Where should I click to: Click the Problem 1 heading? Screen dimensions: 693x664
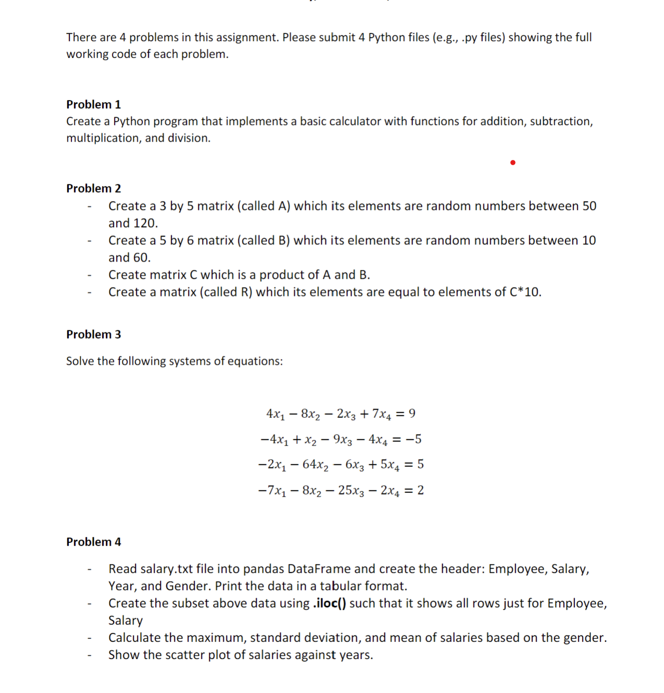[93, 104]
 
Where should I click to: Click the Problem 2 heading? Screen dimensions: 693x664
[93, 188]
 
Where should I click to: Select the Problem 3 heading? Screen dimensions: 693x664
[93, 334]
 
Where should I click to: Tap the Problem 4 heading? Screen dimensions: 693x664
[93, 542]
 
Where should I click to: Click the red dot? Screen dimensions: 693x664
[513, 163]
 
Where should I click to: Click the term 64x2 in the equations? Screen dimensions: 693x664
[315, 464]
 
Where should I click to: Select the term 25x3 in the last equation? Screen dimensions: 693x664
[350, 490]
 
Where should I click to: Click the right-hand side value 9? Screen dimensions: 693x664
[412, 414]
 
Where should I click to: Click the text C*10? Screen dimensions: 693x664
[524, 292]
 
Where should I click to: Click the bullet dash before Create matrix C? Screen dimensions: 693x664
[90, 275]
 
